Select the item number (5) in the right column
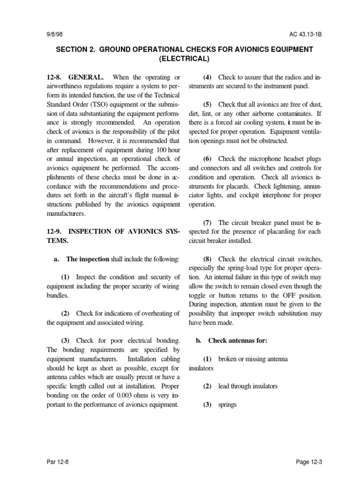point(208,104)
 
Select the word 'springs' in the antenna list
point(227,405)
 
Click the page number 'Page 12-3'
point(309,462)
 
